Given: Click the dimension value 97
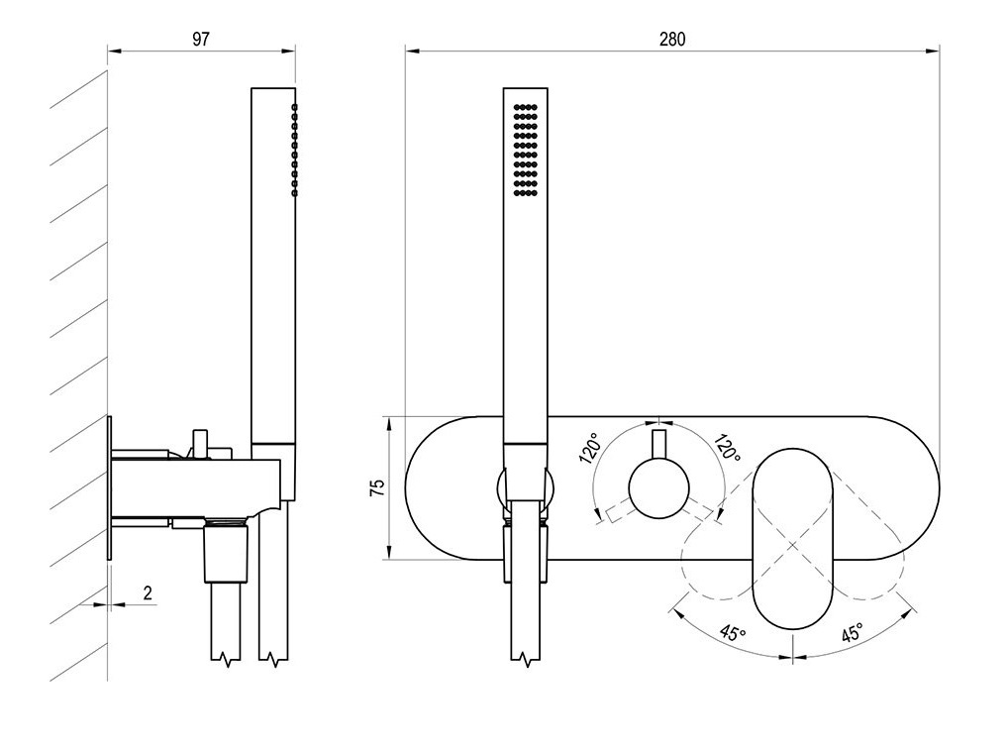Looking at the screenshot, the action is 201,39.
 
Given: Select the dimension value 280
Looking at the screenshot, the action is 672,39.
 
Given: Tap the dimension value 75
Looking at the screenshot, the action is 378,486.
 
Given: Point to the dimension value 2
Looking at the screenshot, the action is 148,592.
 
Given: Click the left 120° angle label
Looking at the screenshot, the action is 590,449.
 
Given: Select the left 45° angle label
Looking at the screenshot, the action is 733,632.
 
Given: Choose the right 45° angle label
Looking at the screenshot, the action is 852,632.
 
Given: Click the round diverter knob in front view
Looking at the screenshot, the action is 658,487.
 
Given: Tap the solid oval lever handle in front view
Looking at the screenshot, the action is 793,538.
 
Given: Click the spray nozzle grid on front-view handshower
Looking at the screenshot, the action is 526,150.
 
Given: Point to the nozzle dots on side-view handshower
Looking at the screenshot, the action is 294,150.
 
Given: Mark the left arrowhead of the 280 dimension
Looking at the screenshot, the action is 412,51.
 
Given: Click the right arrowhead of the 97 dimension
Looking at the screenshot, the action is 289,51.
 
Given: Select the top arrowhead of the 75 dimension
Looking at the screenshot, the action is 389,423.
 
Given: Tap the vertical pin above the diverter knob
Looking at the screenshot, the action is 658,445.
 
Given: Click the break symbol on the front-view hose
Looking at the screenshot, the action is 526,660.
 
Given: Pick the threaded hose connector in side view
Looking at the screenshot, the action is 226,553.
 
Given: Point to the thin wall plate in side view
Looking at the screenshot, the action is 109,488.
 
